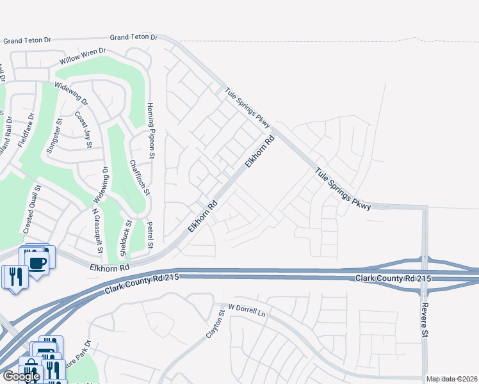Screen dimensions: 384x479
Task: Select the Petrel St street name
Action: [149, 235]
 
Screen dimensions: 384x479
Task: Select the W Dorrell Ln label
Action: [243, 312]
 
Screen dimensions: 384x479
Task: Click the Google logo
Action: [20, 376]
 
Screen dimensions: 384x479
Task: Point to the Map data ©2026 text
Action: [451, 379]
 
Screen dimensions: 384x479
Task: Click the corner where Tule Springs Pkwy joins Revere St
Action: [425, 207]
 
